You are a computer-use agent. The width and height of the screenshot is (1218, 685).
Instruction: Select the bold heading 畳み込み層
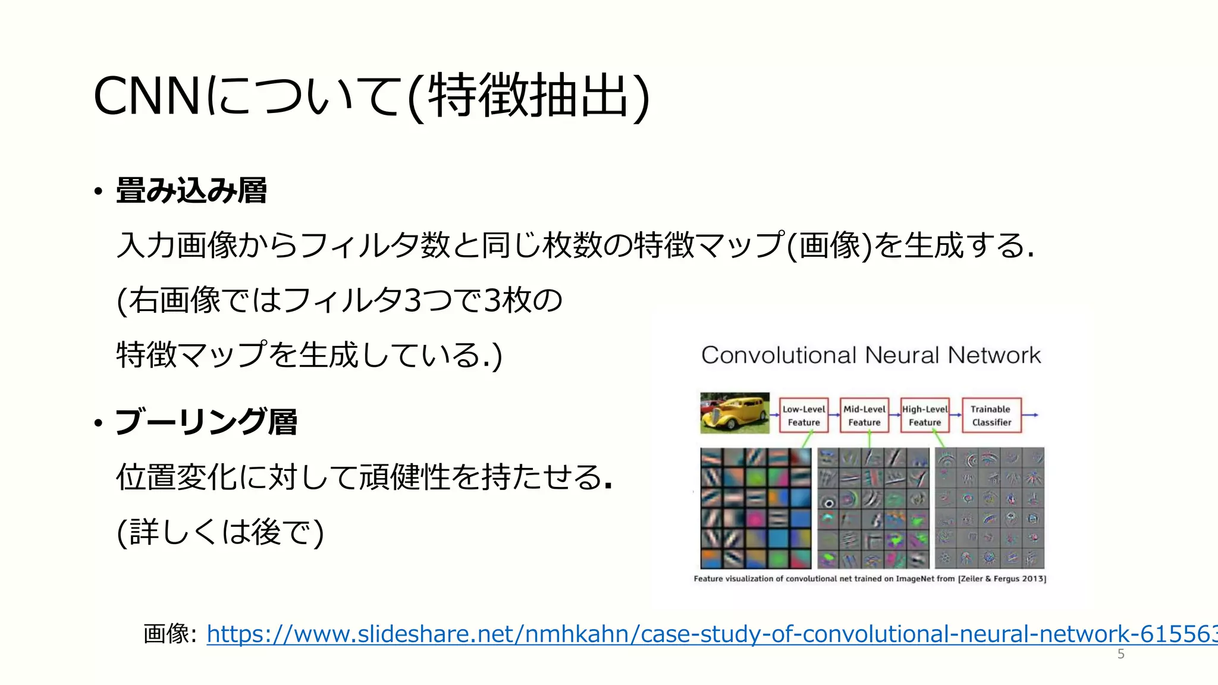tap(191, 191)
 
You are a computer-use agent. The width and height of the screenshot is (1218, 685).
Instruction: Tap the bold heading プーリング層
tap(206, 422)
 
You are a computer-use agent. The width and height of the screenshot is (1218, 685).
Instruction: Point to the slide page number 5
tap(1120, 654)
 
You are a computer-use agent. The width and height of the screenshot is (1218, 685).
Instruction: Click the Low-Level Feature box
tap(803, 416)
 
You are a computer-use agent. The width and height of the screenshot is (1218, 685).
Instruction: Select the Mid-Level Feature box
tap(864, 416)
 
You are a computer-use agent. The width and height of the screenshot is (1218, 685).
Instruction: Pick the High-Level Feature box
tap(925, 416)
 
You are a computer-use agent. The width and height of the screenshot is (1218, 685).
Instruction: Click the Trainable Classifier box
tap(991, 416)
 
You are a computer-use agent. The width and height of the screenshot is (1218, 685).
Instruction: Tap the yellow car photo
tap(734, 413)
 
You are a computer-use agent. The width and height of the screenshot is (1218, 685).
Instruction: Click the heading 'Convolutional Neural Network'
tap(871, 356)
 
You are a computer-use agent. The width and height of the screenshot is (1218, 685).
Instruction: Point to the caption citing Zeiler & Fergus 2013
tap(869, 579)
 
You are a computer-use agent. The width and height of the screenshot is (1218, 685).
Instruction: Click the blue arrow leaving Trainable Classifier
tap(1031, 415)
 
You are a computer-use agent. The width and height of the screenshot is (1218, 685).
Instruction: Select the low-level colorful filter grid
tap(755, 508)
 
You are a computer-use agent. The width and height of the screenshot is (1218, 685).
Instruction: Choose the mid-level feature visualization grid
tap(873, 508)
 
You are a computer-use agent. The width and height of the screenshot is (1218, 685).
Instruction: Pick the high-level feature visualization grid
tap(990, 508)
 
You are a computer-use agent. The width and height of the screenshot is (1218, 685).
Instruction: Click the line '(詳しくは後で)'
tap(221, 532)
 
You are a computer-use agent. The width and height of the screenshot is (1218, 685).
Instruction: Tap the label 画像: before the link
tap(169, 634)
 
